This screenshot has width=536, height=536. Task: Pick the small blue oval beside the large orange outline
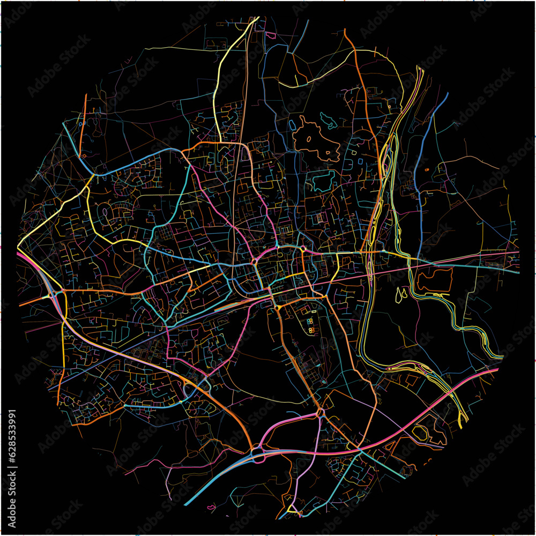pos(292,124)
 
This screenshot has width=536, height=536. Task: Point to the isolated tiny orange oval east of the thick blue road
pos(427,169)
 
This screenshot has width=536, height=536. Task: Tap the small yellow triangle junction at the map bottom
pos(293,508)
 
